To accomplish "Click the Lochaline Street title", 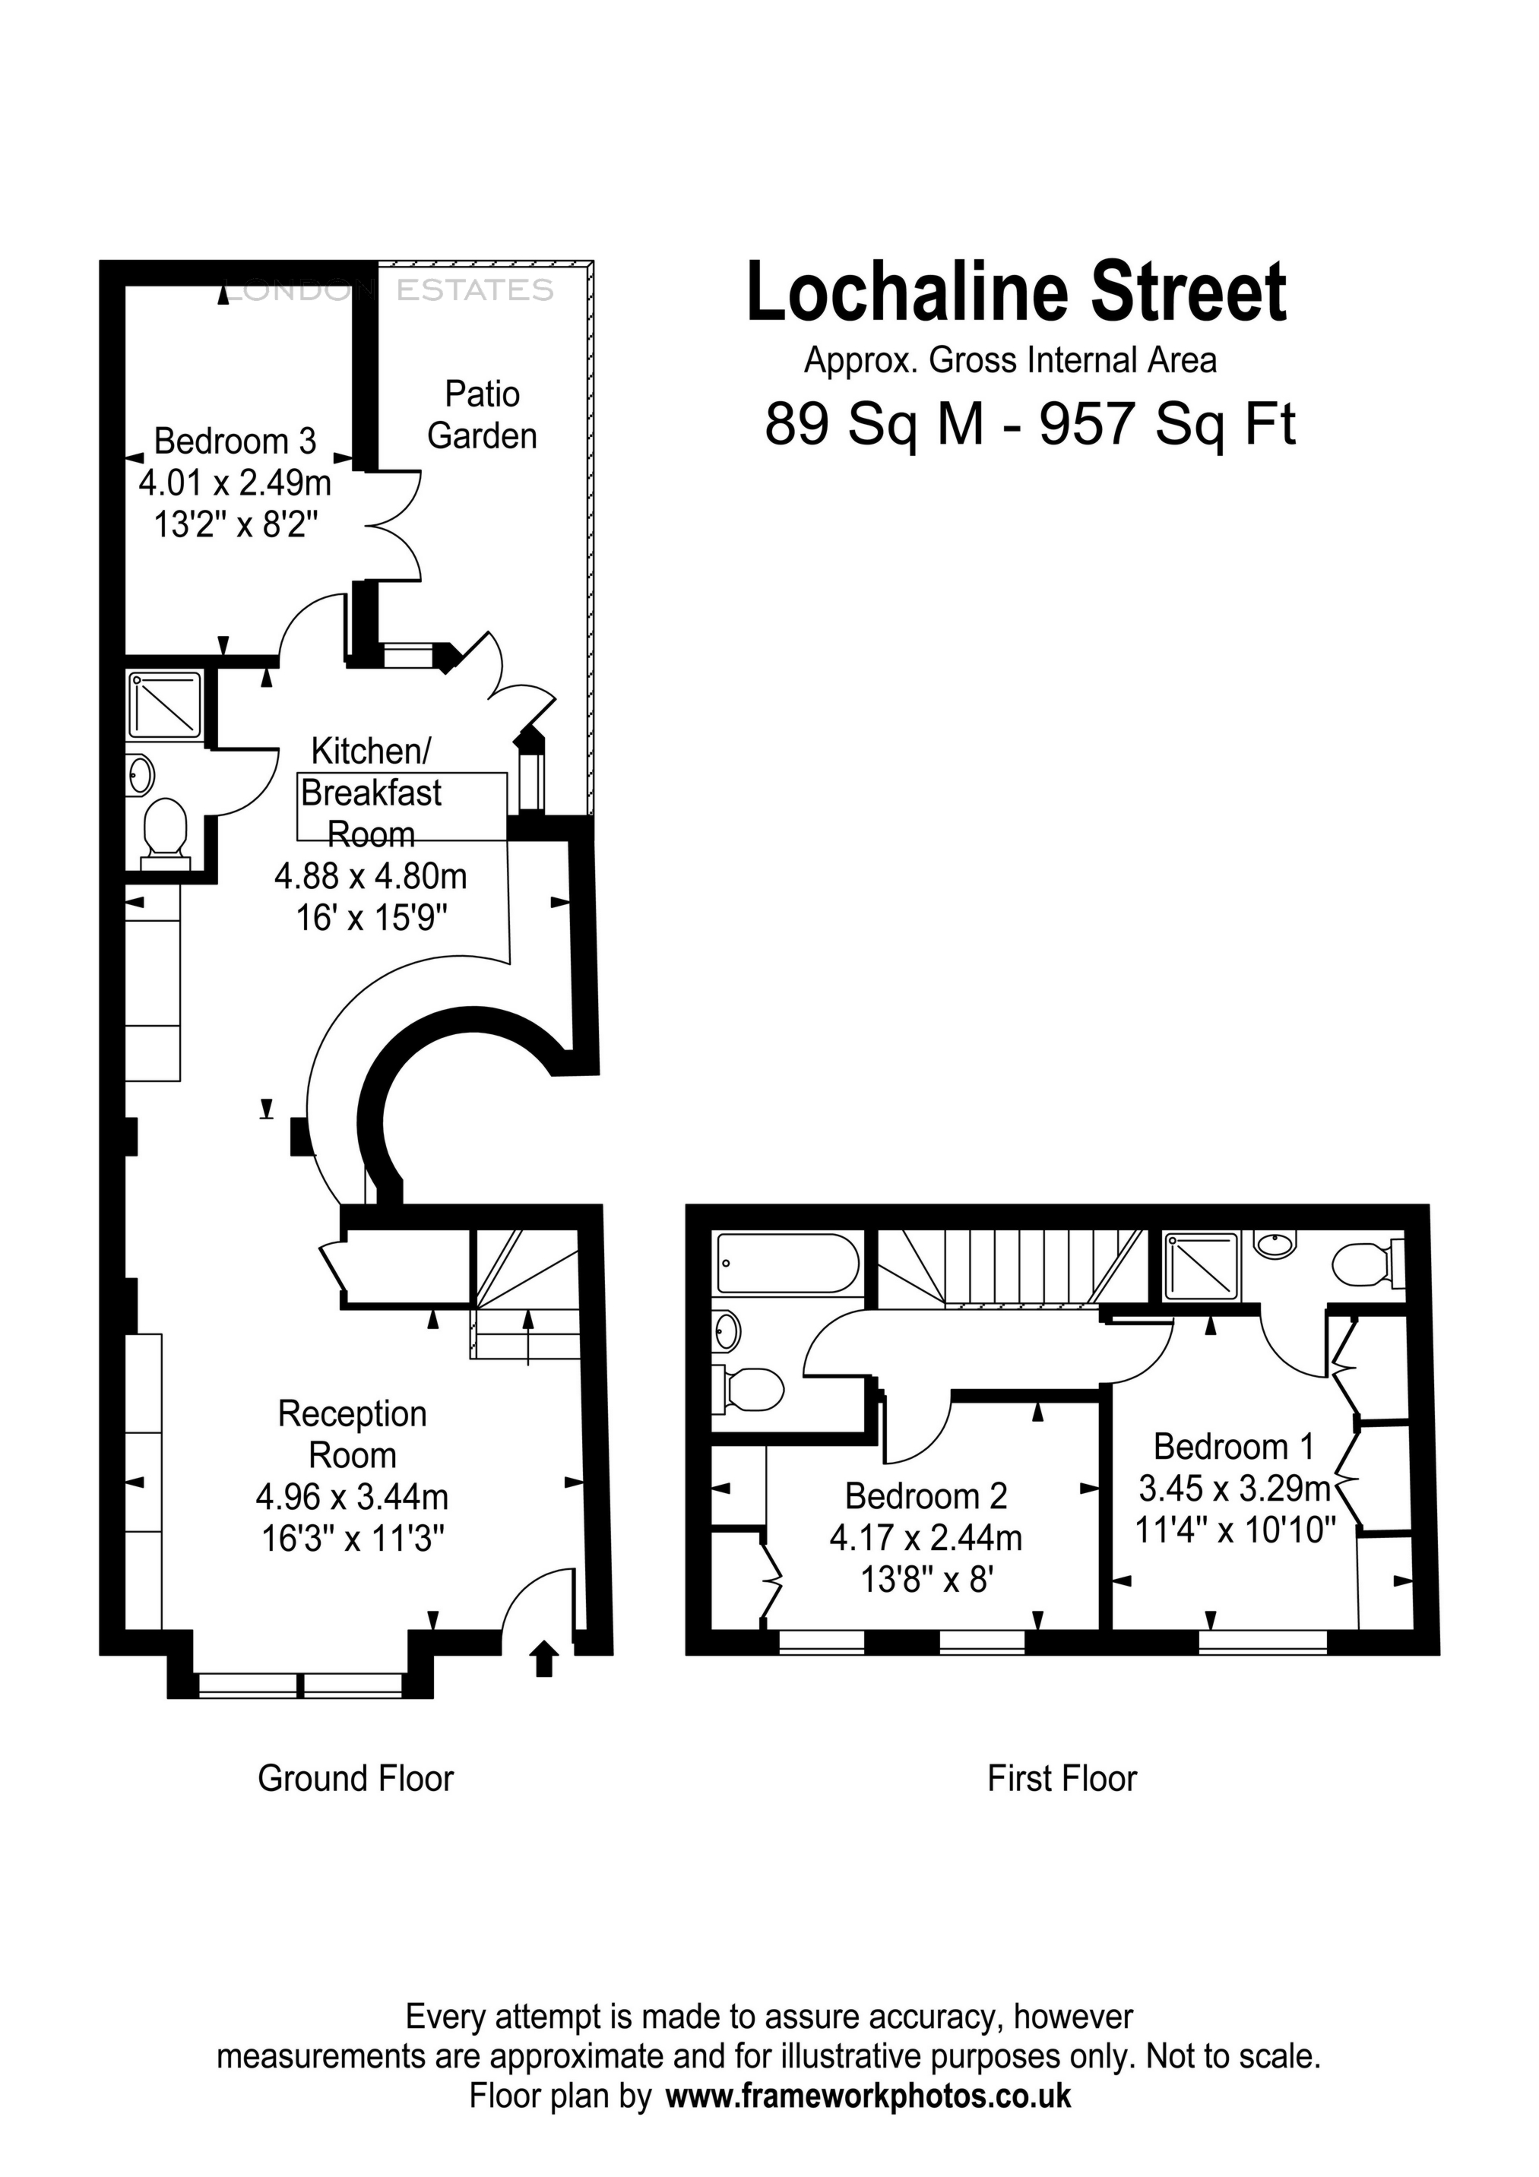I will (x=1017, y=293).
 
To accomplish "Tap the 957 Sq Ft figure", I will (x=1167, y=424).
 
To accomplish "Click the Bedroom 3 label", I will (x=234, y=441).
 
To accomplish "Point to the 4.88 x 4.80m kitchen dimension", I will (x=371, y=876).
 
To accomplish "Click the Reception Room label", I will (x=352, y=1434).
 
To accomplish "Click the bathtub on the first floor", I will (x=787, y=1263).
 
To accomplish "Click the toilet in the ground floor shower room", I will (x=165, y=831).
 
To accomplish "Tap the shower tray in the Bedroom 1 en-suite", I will (x=1202, y=1266).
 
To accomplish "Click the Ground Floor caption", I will (x=356, y=1778).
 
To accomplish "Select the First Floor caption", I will (x=1061, y=1778).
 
